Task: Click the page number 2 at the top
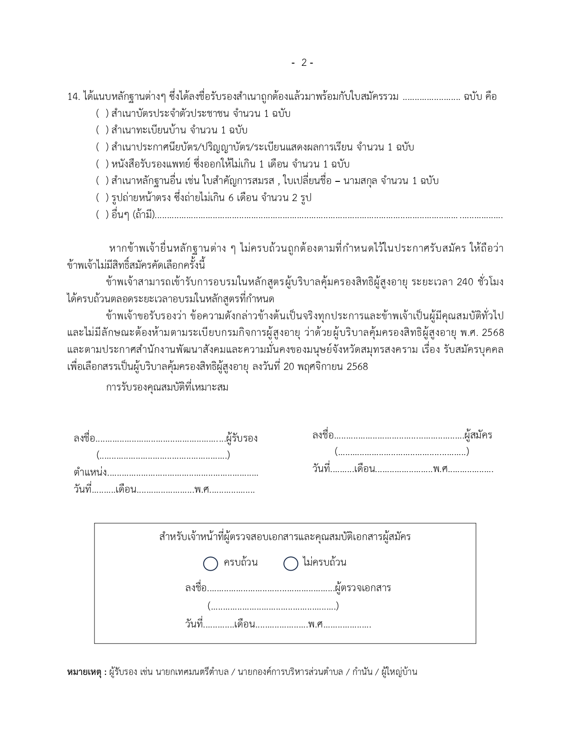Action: [x=304, y=63]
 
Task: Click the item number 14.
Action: [x=73, y=97]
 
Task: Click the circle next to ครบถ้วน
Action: [x=210, y=563]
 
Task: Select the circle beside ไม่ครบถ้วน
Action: [x=291, y=563]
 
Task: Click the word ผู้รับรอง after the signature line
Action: [x=242, y=438]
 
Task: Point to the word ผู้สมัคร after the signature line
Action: [x=478, y=435]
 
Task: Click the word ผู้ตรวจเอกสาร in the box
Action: [x=363, y=588]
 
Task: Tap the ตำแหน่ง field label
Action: [x=90, y=472]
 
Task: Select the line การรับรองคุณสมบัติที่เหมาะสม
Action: [x=167, y=387]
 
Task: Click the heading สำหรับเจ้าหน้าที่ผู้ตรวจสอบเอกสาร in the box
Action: [x=285, y=537]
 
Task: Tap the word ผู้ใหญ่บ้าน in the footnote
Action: [x=399, y=672]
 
